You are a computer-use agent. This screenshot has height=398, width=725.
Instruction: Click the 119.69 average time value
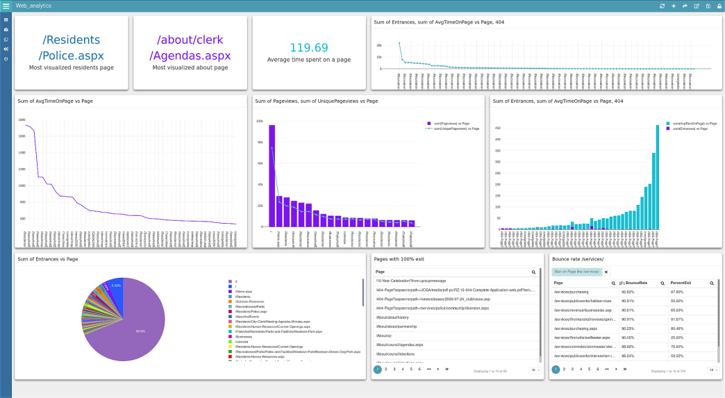pos(309,48)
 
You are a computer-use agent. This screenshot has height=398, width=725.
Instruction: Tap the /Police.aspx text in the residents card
pos(72,56)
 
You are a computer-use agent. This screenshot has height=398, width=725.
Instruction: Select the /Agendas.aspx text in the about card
pos(190,56)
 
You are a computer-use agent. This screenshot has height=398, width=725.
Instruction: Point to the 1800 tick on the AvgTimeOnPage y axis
pos(22,119)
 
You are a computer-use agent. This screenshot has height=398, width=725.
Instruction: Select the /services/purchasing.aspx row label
pos(576,327)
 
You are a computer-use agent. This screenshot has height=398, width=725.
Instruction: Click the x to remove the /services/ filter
pos(606,272)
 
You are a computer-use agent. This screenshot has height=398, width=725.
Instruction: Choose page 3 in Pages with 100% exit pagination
pos(394,370)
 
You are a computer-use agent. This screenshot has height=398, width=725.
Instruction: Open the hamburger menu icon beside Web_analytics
pos(6,6)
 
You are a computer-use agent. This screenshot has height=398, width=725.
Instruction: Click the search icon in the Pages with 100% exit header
pos(533,272)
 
